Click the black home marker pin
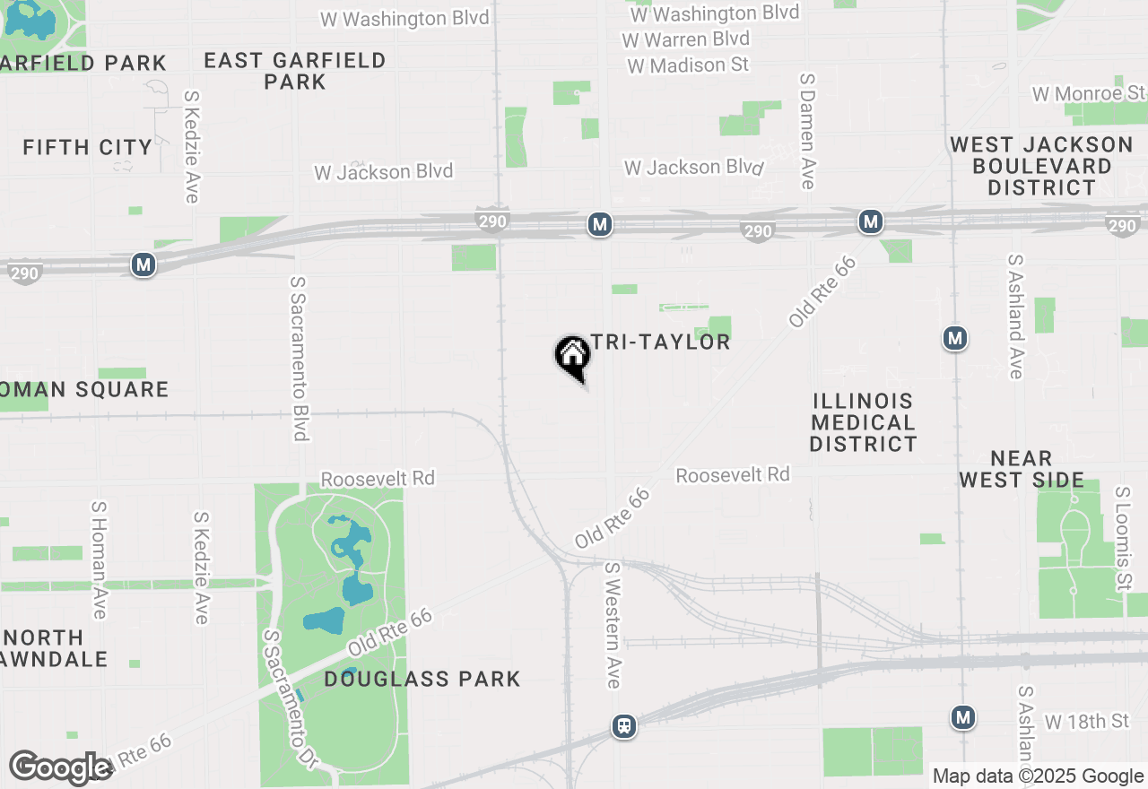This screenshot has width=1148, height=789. tap(572, 356)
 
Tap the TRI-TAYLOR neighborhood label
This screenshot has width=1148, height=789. tap(661, 342)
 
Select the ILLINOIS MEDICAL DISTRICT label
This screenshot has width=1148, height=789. tap(863, 422)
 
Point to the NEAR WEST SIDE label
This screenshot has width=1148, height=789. tap(1022, 469)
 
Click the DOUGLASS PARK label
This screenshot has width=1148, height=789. tap(422, 679)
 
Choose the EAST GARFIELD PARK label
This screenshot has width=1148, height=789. tap(295, 71)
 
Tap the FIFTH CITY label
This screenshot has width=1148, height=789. tap(88, 147)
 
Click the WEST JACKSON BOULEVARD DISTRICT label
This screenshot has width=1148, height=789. tap(1041, 166)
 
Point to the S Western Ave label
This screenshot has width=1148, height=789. tap(613, 625)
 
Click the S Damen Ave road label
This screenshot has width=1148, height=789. tap(807, 131)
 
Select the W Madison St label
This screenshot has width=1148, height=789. tap(688, 65)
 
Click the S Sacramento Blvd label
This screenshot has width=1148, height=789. tap(299, 358)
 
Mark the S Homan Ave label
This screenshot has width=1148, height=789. tap(99, 559)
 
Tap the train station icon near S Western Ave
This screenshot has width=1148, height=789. tap(624, 725)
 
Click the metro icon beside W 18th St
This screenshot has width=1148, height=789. tap(963, 717)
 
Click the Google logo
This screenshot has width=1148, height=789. tap(61, 767)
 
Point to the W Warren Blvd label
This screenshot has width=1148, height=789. tap(685, 39)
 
